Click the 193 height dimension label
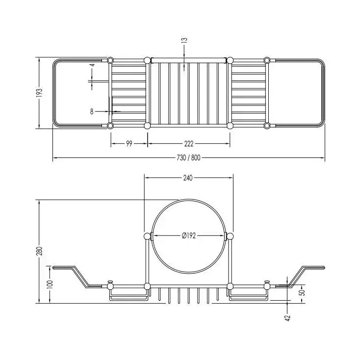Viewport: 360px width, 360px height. click(40, 93)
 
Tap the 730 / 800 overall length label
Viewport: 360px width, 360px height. click(188, 158)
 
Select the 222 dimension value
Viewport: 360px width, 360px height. click(189, 144)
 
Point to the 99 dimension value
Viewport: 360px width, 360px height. click(129, 144)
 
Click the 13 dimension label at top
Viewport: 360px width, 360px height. click(184, 40)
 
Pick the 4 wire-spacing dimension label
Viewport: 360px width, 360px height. click(92, 65)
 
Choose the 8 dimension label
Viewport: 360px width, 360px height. click(92, 112)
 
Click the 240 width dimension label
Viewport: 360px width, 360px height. click(188, 178)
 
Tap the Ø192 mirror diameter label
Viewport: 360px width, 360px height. click(189, 235)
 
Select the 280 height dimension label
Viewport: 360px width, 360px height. click(40, 251)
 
